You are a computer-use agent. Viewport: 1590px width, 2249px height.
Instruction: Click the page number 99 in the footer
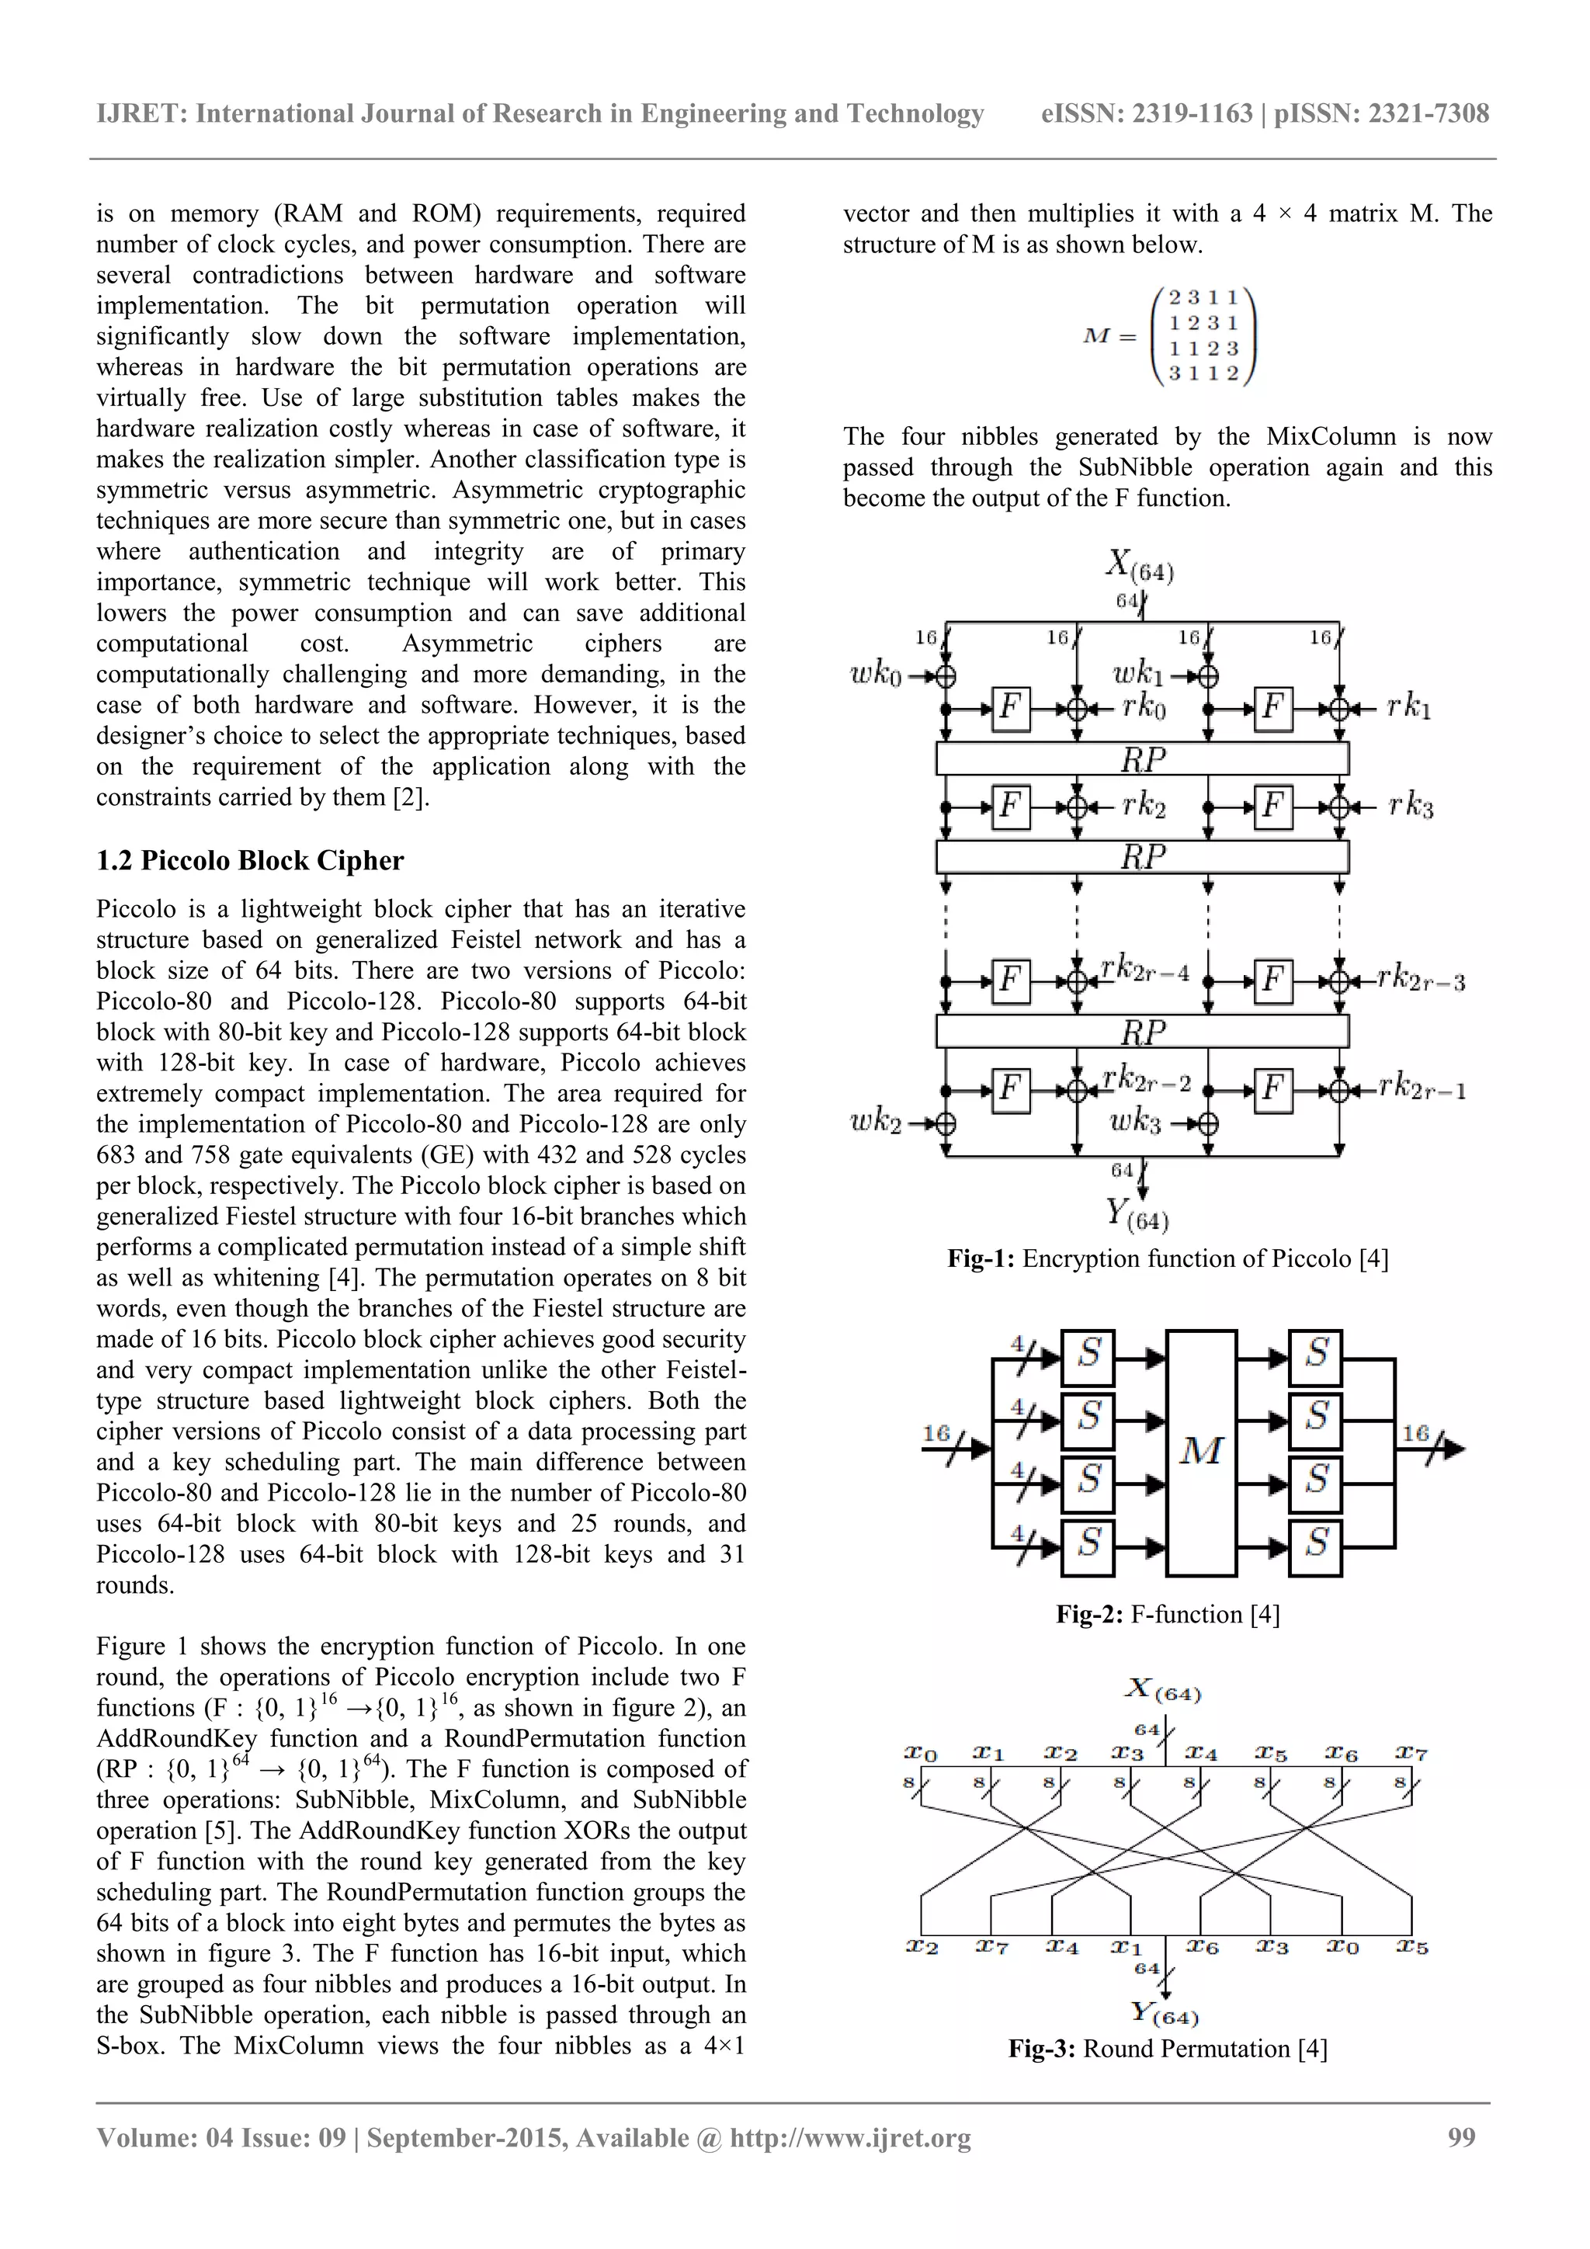pyautogui.click(x=1460, y=2137)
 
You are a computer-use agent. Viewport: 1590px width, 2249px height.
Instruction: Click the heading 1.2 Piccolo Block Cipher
pyautogui.click(x=250, y=861)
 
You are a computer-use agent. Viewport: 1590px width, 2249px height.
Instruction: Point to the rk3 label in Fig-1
pyautogui.click(x=1411, y=807)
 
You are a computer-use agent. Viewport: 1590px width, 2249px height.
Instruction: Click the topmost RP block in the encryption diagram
pyautogui.click(x=1142, y=759)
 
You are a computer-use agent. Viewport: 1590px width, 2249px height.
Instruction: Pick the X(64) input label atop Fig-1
pyautogui.click(x=1140, y=565)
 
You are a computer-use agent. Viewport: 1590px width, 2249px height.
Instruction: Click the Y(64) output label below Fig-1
pyautogui.click(x=1137, y=1215)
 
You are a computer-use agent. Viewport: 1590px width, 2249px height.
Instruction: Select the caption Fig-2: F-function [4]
pyautogui.click(x=1168, y=1614)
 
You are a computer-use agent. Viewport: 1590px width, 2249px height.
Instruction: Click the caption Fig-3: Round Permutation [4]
pyautogui.click(x=1168, y=2049)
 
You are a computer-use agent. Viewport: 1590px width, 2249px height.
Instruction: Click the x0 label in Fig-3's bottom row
pyautogui.click(x=1342, y=1947)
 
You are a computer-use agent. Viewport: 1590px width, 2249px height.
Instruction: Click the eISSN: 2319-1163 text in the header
pyautogui.click(x=1146, y=113)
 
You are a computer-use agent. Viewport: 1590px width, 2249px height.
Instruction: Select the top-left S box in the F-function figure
pyautogui.click(x=1088, y=1357)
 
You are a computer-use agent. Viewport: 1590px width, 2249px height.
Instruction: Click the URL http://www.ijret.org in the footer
pyautogui.click(x=850, y=2137)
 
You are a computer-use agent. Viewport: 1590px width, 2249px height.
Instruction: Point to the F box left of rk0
pyautogui.click(x=1010, y=707)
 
